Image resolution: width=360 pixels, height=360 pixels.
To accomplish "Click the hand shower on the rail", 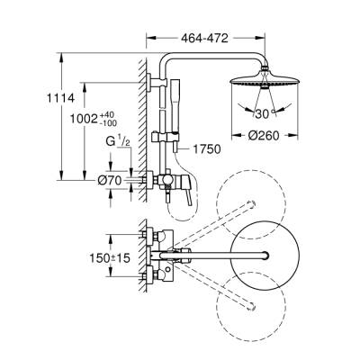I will (x=176, y=90).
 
